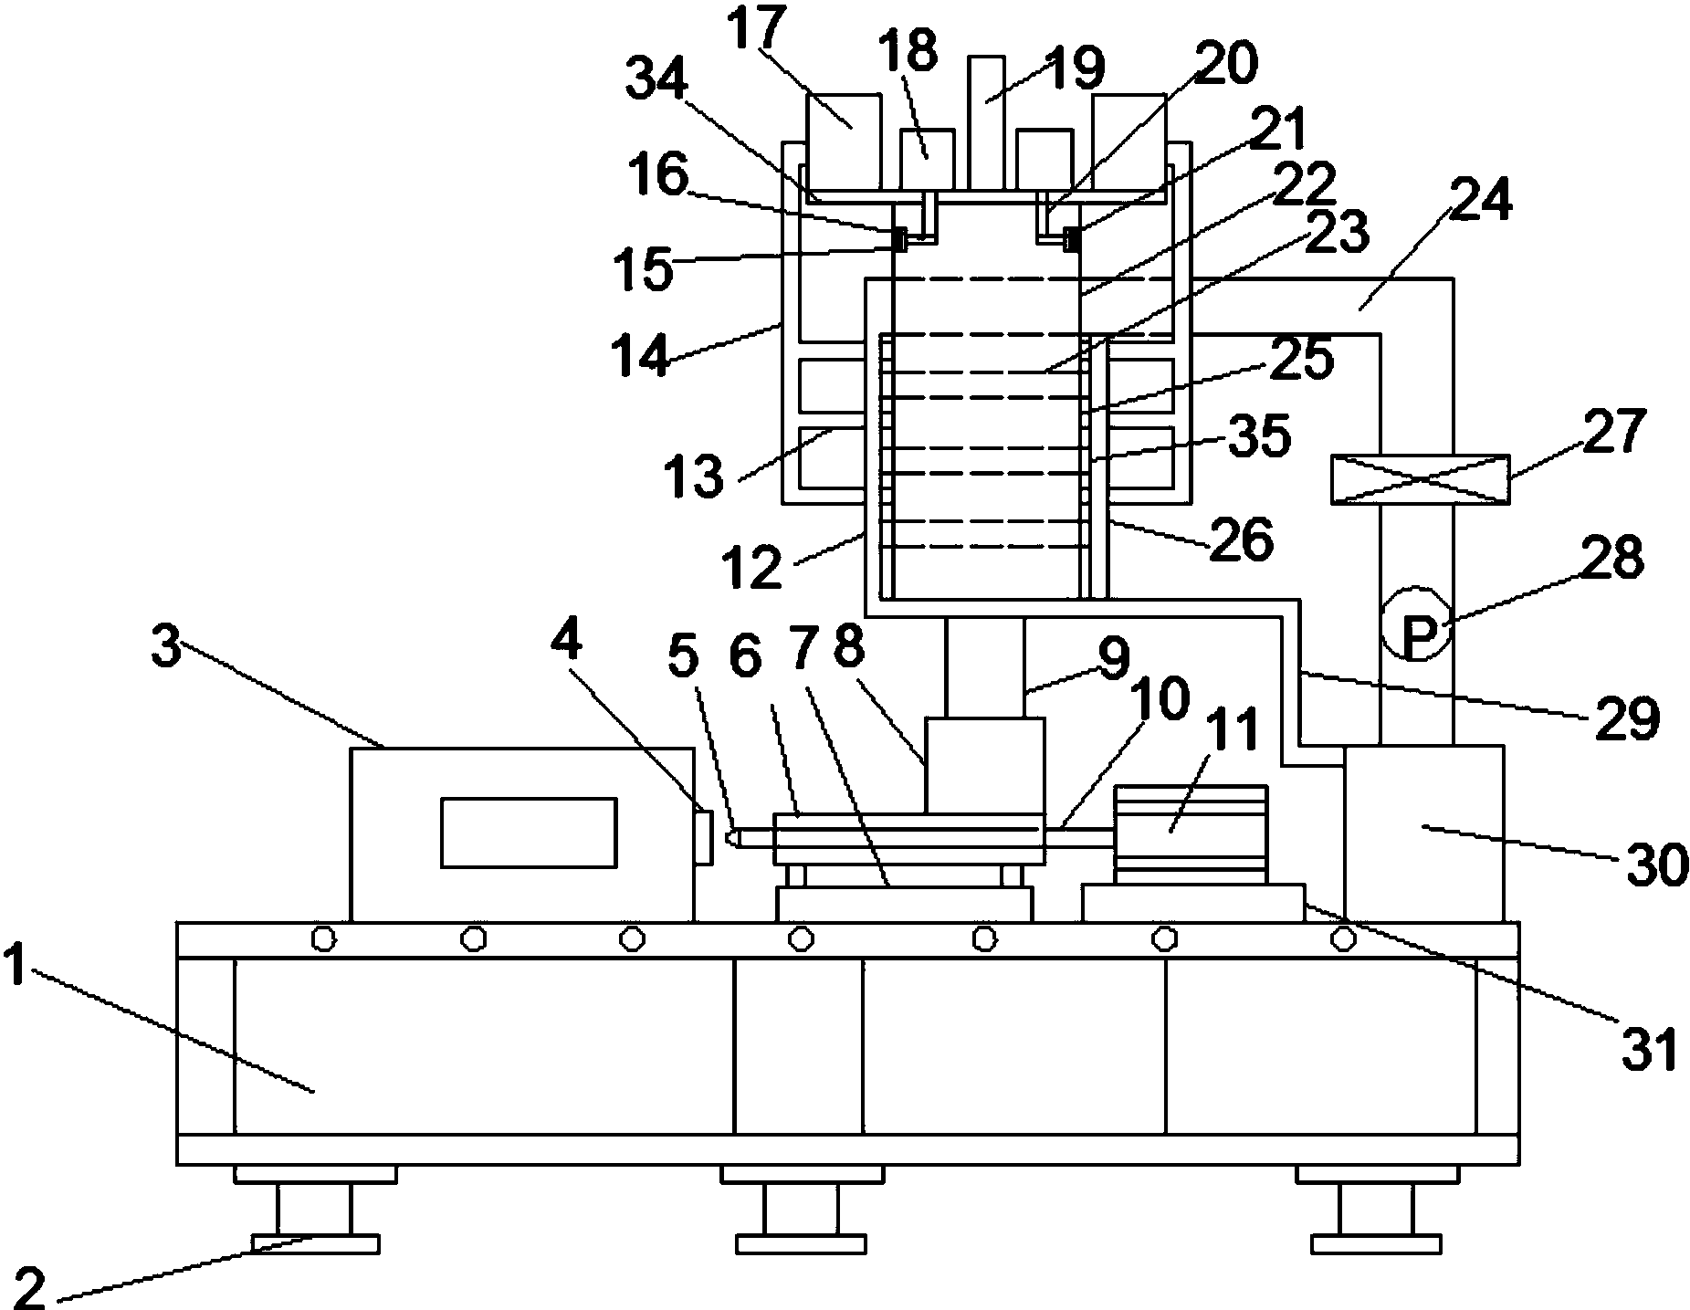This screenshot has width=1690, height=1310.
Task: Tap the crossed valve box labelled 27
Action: (1420, 479)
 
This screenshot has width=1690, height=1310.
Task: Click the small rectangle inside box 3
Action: (529, 832)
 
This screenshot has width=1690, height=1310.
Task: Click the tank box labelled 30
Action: (1423, 833)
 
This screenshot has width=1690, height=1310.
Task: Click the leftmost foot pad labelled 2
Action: (315, 1243)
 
